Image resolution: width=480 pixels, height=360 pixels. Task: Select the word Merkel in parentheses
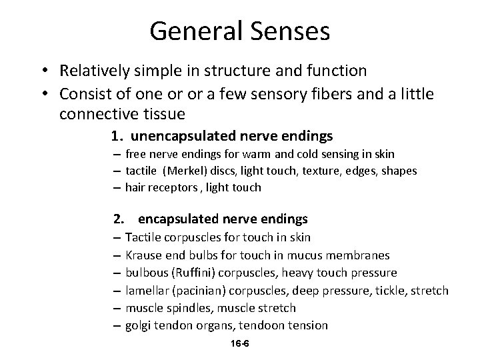click(191, 171)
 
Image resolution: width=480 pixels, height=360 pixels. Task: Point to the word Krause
click(144, 255)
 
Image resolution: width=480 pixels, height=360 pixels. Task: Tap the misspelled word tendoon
click(262, 325)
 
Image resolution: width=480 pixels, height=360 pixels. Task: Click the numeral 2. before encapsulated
click(119, 219)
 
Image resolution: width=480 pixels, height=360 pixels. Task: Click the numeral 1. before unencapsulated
click(117, 137)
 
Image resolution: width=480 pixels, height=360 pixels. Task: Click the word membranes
click(359, 255)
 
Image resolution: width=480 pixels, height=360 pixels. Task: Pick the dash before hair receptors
click(117, 188)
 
